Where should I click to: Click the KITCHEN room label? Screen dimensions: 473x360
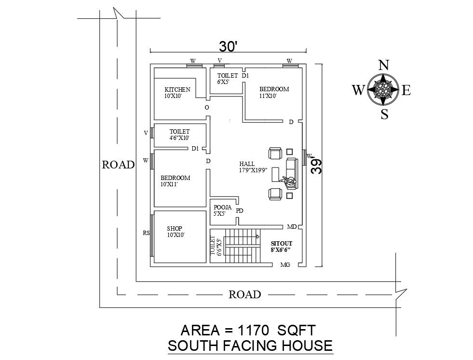click(177, 89)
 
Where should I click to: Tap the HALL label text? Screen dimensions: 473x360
click(247, 164)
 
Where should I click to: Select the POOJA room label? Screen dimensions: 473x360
click(223, 207)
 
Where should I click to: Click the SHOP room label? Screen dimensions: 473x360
click(175, 229)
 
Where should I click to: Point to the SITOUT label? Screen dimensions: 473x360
click(282, 243)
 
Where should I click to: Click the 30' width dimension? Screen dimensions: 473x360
click(229, 47)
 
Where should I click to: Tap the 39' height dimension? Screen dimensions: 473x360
click(316, 165)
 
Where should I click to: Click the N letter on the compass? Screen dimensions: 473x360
click(383, 65)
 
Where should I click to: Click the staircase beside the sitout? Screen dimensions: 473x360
click(243, 246)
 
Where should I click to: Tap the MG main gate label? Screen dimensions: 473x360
click(285, 265)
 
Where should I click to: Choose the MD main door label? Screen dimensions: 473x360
click(292, 227)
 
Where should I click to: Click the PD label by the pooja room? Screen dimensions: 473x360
click(240, 211)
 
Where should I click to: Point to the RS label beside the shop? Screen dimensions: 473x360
click(146, 233)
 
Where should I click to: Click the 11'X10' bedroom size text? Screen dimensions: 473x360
click(268, 96)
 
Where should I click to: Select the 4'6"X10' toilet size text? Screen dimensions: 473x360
click(179, 138)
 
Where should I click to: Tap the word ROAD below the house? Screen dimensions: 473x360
click(244, 294)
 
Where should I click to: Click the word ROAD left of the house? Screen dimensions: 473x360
click(118, 165)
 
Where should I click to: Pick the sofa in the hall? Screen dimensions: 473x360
click(292, 174)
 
